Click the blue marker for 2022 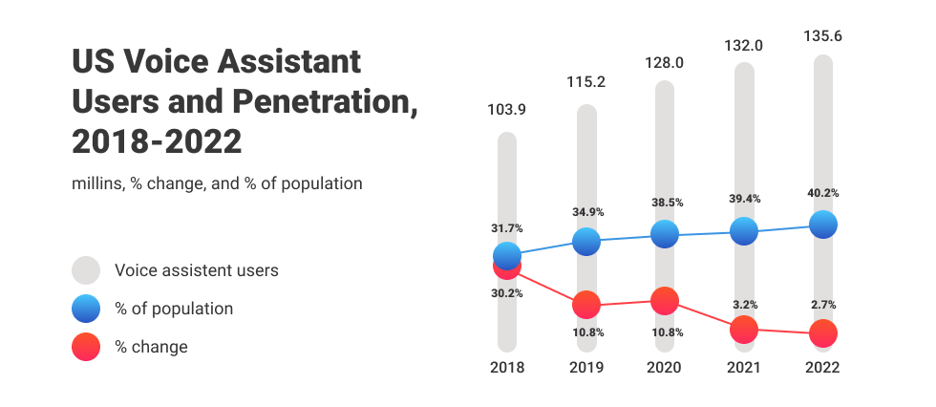pyautogui.click(x=822, y=225)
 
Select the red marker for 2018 pyautogui.click(x=507, y=268)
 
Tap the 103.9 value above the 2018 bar pyautogui.click(x=507, y=110)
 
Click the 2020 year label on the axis pyautogui.click(x=665, y=368)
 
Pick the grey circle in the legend pyautogui.click(x=87, y=270)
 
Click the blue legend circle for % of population pyautogui.click(x=87, y=309)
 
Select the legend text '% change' pyautogui.click(x=151, y=347)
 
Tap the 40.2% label pyautogui.click(x=822, y=193)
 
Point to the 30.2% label pyautogui.click(x=507, y=293)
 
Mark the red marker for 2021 pyautogui.click(x=743, y=330)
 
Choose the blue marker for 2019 pyautogui.click(x=585, y=242)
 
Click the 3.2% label pyautogui.click(x=744, y=305)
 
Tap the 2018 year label pyautogui.click(x=507, y=368)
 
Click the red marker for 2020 pyautogui.click(x=665, y=300)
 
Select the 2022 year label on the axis pyautogui.click(x=822, y=368)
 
